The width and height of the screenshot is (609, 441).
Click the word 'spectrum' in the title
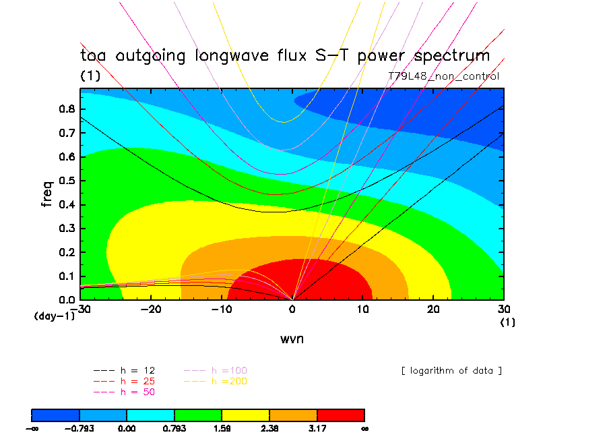tap(447, 56)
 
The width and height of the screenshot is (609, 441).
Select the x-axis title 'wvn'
tap(292, 339)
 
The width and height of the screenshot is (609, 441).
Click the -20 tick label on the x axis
tap(151, 308)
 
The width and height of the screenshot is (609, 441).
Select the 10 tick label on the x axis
tap(363, 308)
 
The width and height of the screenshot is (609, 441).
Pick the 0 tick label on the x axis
tap(292, 308)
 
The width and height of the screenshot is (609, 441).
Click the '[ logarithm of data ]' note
tap(451, 370)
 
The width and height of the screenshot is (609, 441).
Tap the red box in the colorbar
tap(341, 414)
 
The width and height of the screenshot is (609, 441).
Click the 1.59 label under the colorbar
tap(222, 428)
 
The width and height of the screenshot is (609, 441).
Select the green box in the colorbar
tap(198, 414)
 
